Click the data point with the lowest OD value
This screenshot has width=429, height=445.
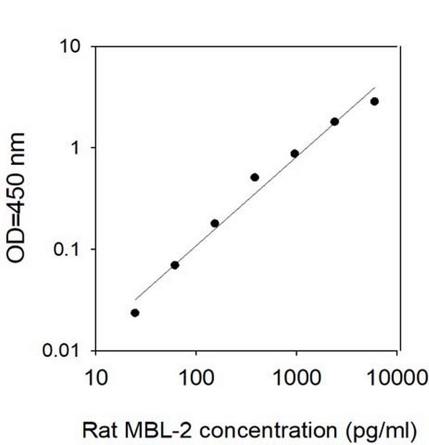click(135, 313)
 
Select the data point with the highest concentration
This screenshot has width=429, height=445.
click(374, 101)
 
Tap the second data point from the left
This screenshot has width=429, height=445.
click(175, 265)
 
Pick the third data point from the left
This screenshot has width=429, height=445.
click(214, 223)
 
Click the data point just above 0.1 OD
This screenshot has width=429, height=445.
click(214, 223)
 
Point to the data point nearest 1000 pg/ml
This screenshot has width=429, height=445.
click(294, 154)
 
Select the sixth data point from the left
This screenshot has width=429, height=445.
click(335, 121)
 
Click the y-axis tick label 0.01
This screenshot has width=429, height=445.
click(65, 351)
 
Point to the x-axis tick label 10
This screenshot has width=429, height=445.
click(96, 377)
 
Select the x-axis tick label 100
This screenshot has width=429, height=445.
click(196, 377)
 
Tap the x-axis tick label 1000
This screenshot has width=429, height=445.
click(296, 377)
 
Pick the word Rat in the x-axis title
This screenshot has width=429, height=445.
click(96, 431)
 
